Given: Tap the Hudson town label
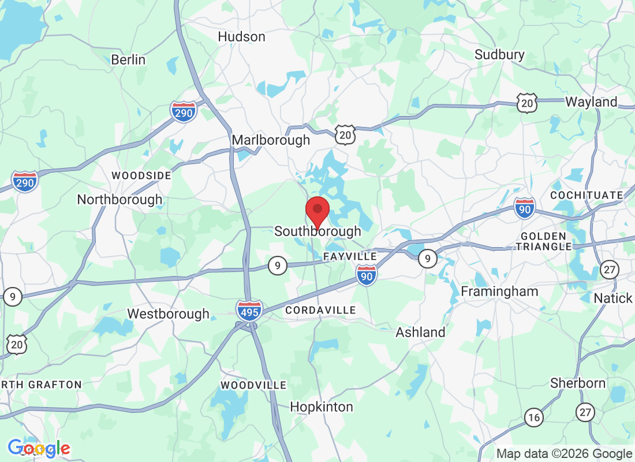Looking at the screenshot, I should (241, 37).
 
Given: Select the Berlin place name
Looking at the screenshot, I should (128, 60).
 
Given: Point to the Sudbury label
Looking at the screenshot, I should (499, 55).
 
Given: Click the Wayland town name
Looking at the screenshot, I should (591, 102).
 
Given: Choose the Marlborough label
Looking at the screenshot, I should (271, 140).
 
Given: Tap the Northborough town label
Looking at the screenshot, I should (119, 200).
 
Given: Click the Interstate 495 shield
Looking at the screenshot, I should (249, 310).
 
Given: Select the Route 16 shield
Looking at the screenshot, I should (534, 417).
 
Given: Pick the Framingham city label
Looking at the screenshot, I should (499, 292).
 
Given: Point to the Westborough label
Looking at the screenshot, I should (168, 314).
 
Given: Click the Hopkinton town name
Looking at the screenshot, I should (321, 407).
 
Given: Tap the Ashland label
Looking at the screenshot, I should (420, 333).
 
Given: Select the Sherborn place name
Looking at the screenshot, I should (578, 383).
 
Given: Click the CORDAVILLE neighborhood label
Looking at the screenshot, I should (320, 311).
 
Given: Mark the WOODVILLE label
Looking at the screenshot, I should (253, 385).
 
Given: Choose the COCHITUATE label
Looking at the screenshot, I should (587, 195).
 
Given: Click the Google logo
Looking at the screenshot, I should (39, 448).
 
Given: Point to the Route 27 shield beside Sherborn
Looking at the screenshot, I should (586, 412).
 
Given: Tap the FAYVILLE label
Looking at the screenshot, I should (350, 256).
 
